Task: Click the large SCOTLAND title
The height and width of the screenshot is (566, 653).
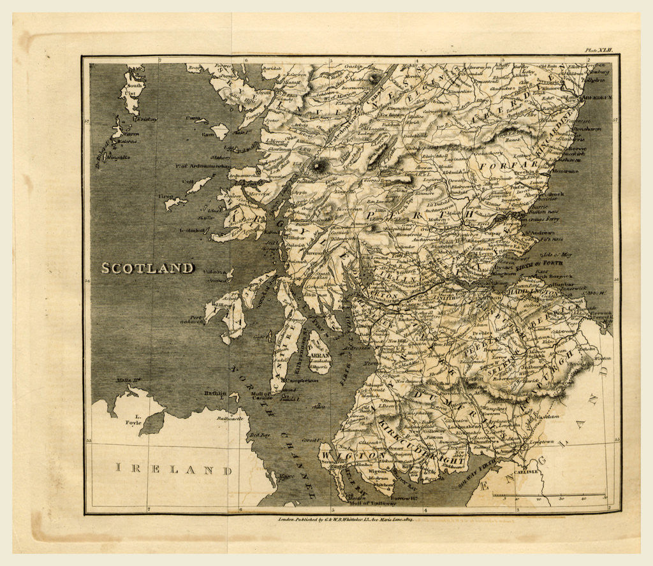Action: [147, 268]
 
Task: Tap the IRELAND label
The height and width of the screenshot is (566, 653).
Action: [173, 470]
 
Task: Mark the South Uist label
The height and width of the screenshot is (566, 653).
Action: [135, 89]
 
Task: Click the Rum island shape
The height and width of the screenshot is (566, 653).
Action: [220, 131]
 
